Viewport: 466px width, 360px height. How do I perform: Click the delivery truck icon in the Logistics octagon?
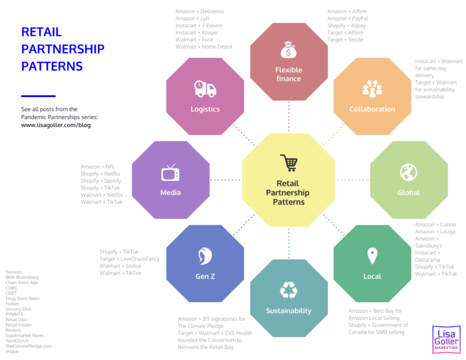point(204,89)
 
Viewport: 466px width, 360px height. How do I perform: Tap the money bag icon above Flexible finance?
point(288,49)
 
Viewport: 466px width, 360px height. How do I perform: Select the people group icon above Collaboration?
point(372,89)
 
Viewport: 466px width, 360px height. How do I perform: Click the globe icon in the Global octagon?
point(408,172)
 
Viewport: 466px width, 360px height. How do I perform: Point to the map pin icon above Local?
point(372,255)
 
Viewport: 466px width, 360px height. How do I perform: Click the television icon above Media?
point(170,173)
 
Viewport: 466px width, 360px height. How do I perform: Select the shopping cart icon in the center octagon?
point(288,163)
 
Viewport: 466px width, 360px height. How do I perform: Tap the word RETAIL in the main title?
point(41,32)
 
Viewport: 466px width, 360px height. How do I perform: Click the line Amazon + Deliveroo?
point(200,12)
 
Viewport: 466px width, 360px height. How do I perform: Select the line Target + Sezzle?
point(346,39)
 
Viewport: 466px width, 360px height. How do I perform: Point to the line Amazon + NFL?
point(98,166)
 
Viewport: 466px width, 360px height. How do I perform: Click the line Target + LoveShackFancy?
point(130,259)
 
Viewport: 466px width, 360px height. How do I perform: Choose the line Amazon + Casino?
point(435,225)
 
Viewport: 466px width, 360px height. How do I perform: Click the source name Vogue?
point(12,352)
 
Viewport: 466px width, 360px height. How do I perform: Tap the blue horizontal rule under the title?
point(38,96)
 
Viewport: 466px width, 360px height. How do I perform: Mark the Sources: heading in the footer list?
point(14,272)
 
